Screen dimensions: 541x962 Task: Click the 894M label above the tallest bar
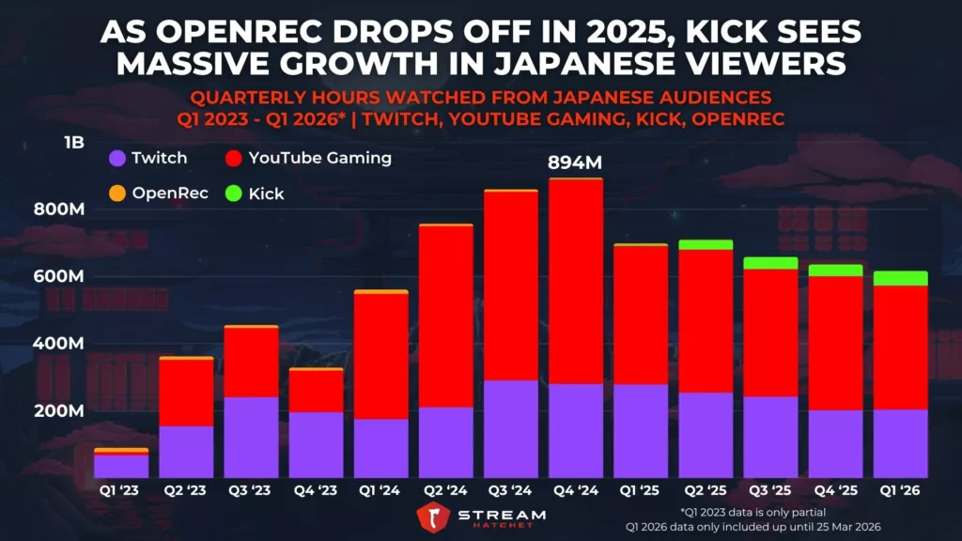pos(575,163)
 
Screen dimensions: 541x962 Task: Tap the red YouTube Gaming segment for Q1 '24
pos(380,356)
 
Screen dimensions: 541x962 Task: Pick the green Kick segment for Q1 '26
pos(899,278)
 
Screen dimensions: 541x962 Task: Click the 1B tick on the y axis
pos(74,143)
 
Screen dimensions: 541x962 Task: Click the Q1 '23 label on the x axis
pos(121,491)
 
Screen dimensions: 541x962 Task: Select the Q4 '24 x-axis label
pos(575,491)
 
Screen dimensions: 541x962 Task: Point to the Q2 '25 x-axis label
pos(705,491)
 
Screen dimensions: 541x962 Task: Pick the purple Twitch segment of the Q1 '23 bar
pos(121,466)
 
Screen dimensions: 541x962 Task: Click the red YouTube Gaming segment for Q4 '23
pos(316,391)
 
